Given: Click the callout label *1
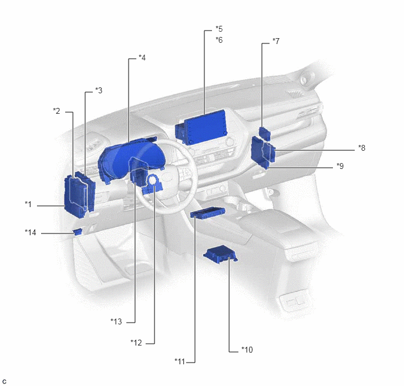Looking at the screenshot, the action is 28,204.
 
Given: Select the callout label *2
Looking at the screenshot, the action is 56,111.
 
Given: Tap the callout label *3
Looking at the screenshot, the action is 99,90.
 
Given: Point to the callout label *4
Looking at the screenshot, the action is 142,57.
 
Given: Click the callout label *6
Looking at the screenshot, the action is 219,40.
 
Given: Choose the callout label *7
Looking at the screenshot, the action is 276,41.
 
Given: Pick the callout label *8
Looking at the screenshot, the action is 362,148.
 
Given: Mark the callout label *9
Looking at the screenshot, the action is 340,166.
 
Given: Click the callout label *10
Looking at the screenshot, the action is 247,350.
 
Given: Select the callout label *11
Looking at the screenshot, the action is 180,361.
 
